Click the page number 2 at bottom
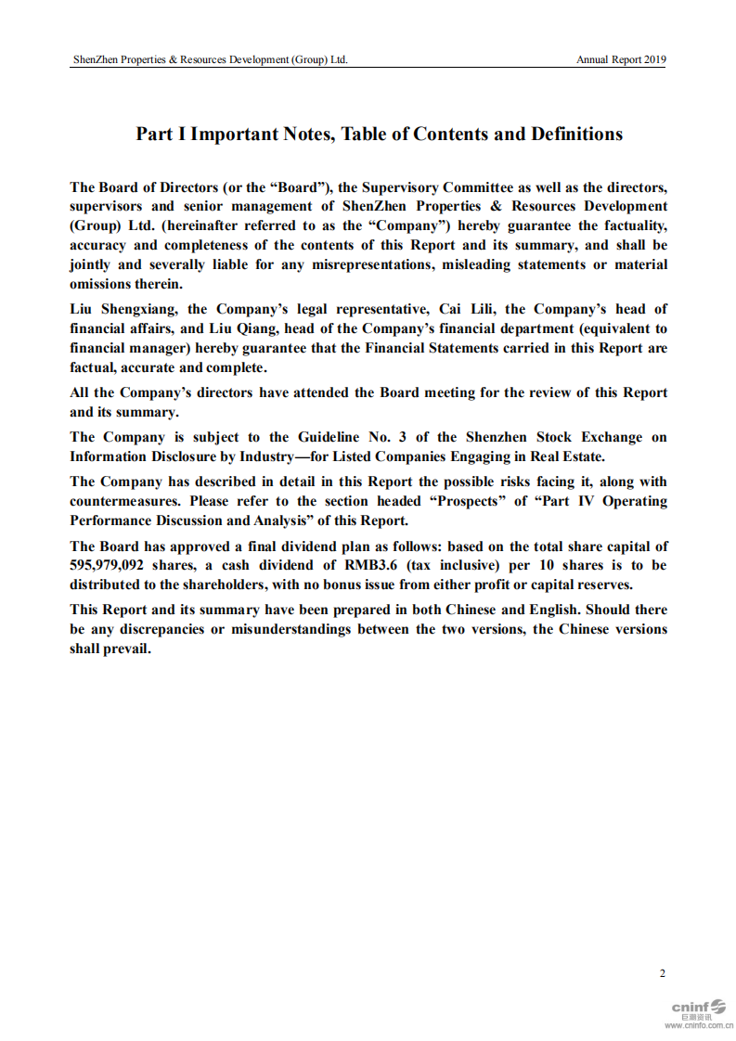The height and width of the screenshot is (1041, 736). (x=662, y=973)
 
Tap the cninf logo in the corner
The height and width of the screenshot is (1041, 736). (x=699, y=1007)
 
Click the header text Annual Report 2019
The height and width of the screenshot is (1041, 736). (x=621, y=60)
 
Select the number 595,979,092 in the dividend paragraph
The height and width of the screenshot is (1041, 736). (x=107, y=565)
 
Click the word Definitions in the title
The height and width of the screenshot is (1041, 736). (x=576, y=134)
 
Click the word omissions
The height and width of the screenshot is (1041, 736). (x=101, y=284)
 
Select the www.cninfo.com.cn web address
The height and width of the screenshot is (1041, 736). (x=699, y=1025)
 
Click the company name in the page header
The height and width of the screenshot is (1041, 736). (x=211, y=60)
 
